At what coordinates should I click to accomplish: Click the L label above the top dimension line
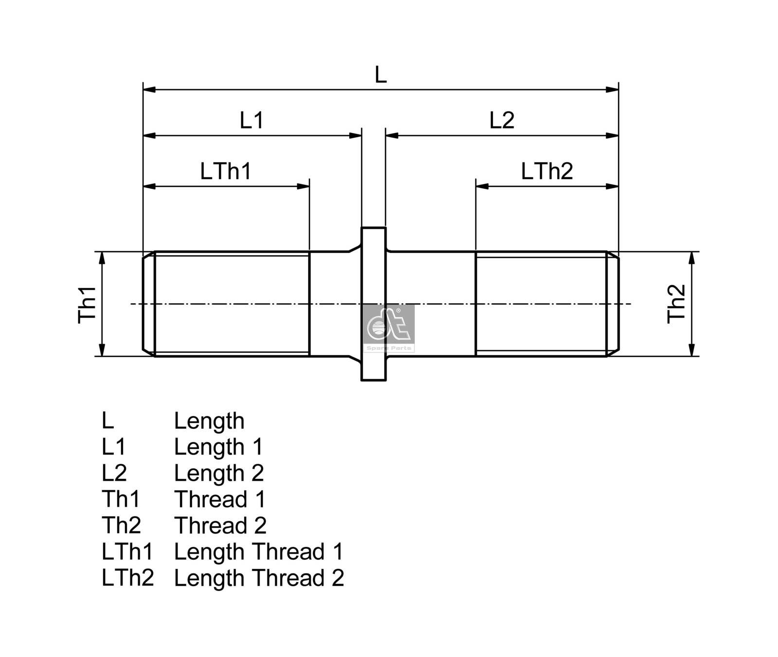(380, 75)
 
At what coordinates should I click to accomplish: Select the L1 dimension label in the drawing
(251, 120)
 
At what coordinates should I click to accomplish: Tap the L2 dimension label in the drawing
(501, 120)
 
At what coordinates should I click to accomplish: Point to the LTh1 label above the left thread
(226, 171)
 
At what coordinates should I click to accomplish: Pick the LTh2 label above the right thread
(547, 171)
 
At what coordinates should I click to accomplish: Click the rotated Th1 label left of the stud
(88, 304)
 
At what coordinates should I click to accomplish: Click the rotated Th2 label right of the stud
(676, 304)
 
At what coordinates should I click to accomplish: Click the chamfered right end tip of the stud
(613, 304)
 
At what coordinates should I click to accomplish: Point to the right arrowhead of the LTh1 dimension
(303, 186)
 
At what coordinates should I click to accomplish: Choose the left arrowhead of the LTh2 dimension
(482, 186)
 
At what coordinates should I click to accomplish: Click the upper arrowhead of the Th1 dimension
(102, 258)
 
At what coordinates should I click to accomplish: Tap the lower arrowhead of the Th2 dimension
(692, 349)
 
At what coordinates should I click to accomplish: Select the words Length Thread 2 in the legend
(259, 578)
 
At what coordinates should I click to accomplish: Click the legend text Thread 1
(220, 499)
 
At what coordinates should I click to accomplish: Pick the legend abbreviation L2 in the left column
(114, 473)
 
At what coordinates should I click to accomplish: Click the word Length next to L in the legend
(209, 421)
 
